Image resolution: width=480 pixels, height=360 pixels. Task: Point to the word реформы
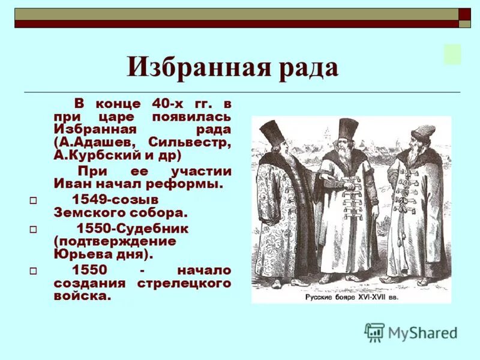tap(193, 184)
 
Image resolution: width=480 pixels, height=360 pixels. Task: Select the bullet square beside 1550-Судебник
tap(34, 229)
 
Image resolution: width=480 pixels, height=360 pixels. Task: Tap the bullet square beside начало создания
tap(34, 271)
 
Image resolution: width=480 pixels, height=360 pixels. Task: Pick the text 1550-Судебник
tap(132, 228)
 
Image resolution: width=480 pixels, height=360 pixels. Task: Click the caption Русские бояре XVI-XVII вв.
tap(352, 296)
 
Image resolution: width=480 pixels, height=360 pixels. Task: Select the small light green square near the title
tap(452, 54)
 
